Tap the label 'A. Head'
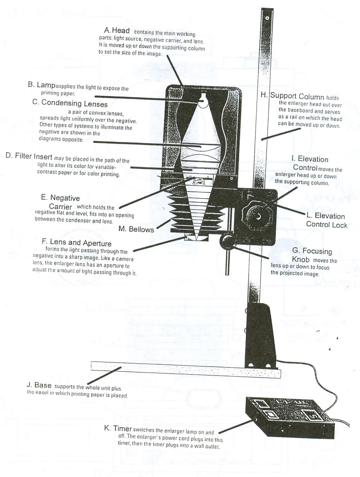(117, 30)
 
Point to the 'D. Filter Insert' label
(29, 156)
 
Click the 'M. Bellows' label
(136, 229)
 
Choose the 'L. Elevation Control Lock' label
(327, 220)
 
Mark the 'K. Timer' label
(118, 429)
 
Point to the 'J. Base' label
(39, 385)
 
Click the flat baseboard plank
(185, 368)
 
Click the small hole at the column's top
(268, 18)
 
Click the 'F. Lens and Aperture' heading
(77, 243)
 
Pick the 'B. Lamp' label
(41, 85)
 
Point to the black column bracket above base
(259, 334)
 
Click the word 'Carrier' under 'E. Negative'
(61, 207)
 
